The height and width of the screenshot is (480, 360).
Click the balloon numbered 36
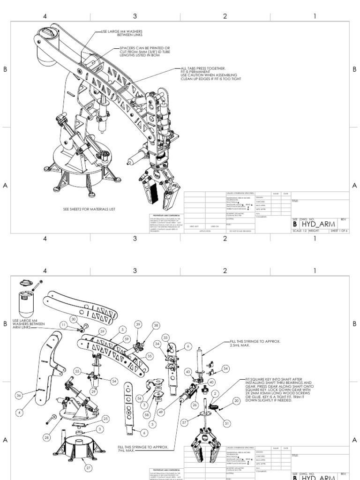click(x=18, y=395)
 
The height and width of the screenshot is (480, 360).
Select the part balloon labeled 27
click(x=88, y=467)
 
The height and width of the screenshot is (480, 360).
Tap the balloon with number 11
click(x=63, y=324)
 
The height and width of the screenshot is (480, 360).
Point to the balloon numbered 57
click(x=184, y=423)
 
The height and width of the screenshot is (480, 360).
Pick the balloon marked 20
click(x=236, y=400)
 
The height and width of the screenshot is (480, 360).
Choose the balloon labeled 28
click(x=46, y=437)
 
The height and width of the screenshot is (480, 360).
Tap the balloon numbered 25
click(x=105, y=418)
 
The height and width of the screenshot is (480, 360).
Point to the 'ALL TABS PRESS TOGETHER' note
click(x=209, y=74)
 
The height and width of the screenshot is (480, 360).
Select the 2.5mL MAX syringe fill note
click(x=255, y=344)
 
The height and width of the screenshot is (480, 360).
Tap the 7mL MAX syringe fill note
click(x=143, y=449)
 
